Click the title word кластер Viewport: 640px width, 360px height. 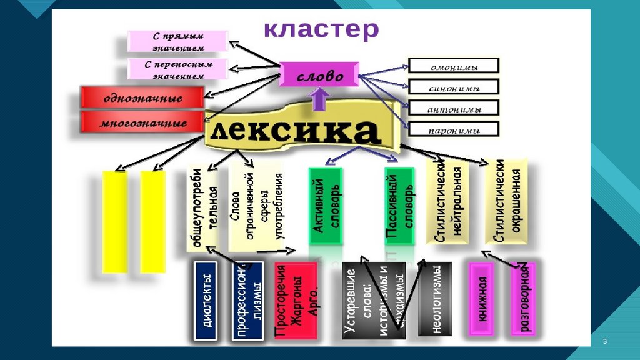(x=320, y=29)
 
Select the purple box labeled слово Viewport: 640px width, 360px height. (x=319, y=76)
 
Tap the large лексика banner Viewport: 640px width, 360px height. (x=295, y=131)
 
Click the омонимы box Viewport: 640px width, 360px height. (x=454, y=66)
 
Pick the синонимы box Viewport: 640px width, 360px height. (x=454, y=87)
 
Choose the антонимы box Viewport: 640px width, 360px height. (x=454, y=109)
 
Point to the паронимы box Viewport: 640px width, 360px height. (x=454, y=130)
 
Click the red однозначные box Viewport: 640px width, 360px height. (x=142, y=98)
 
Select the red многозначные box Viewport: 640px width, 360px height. (x=143, y=122)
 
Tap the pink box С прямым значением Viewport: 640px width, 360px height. (x=178, y=41)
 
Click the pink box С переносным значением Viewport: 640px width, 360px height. (x=178, y=69)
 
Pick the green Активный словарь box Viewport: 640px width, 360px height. (x=325, y=206)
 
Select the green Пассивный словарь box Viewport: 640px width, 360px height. (x=399, y=206)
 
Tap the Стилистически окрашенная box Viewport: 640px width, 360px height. (x=507, y=201)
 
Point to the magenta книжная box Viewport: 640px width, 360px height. (x=482, y=299)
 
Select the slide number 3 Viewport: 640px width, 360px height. (x=605, y=341)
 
